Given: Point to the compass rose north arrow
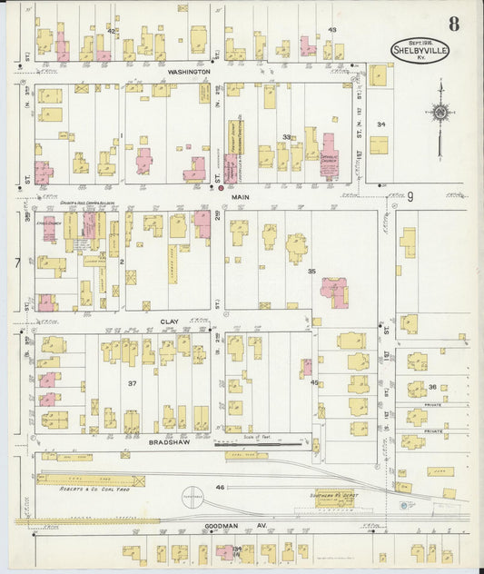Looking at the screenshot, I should pos(440,113).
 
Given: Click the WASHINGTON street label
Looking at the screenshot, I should pos(189,70).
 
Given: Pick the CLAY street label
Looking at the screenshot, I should pos(170,322).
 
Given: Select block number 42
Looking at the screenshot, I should pos(112,31).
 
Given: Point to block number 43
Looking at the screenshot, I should pos(332,30).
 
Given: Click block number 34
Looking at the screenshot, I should pos(381,124).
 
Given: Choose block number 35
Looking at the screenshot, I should pos(311,271).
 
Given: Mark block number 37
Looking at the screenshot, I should pos(133,383).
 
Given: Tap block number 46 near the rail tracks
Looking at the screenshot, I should pos(219,489).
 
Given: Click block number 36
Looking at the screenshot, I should pos(433,387).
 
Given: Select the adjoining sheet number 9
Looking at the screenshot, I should pos(410,196).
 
